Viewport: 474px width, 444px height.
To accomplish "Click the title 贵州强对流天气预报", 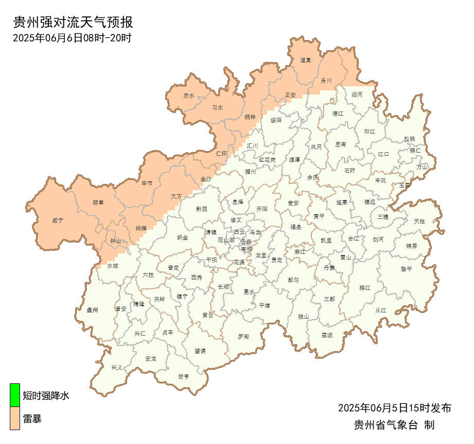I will tap(73, 22).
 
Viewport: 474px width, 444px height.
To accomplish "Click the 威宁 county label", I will tap(58, 220).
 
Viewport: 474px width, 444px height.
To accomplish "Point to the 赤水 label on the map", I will tap(189, 96).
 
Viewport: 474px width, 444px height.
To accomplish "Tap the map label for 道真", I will tap(306, 61).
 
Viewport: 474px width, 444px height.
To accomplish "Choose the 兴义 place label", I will tap(117, 368).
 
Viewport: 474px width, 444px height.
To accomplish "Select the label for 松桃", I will tap(409, 139).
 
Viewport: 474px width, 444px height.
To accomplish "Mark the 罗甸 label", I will tap(243, 337).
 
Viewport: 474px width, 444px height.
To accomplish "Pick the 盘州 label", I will tap(93, 310).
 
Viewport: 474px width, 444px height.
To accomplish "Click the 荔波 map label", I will tap(327, 335).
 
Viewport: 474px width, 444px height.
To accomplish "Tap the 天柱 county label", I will tap(419, 221).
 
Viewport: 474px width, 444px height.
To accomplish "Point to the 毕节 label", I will tap(147, 183).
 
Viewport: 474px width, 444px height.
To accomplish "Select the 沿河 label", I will tap(357, 95).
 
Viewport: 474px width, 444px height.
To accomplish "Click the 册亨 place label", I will tap(183, 377).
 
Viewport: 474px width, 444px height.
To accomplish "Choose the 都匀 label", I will tap(293, 280).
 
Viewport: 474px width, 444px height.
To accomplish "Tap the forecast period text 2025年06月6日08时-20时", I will tap(72, 38).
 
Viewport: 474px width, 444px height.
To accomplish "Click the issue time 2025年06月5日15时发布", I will tap(395, 409).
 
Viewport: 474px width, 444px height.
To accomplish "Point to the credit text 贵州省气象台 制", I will tap(395, 425).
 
